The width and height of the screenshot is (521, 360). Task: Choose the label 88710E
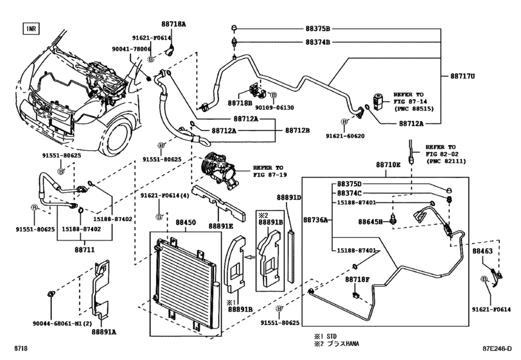(389, 165)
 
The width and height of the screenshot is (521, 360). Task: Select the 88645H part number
(370, 222)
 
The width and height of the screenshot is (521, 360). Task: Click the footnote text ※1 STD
(328, 336)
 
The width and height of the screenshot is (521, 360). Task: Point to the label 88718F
(357, 280)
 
